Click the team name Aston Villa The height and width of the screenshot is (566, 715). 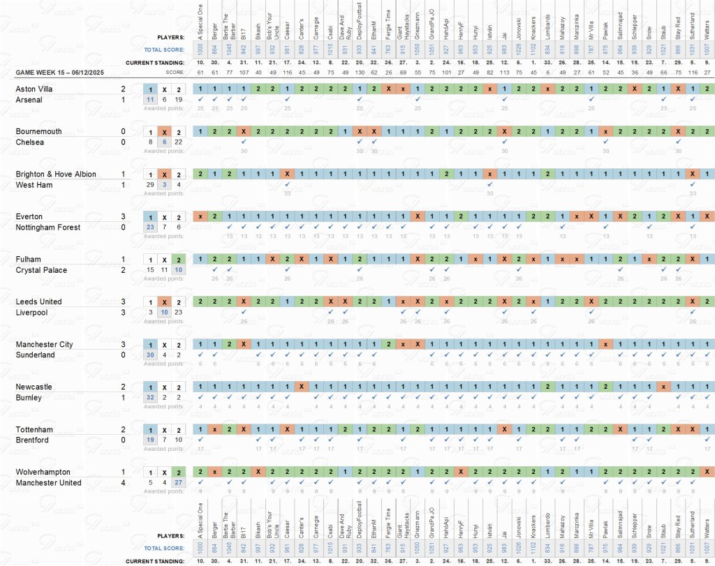[34, 89]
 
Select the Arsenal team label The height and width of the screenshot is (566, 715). [29, 100]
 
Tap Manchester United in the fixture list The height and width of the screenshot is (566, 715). [48, 483]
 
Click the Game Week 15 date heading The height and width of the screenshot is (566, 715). [61, 73]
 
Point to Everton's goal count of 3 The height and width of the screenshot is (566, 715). [123, 217]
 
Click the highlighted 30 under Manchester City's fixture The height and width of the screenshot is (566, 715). [149, 355]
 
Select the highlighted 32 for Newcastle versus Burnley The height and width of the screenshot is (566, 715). [149, 398]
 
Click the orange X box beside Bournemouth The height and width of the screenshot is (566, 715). [164, 132]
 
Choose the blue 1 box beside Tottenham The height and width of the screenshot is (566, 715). [149, 430]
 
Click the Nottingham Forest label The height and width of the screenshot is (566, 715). [48, 228]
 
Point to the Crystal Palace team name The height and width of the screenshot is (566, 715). [41, 270]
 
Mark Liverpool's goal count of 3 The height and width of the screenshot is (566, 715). [123, 313]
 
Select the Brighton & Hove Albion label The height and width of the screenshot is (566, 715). [56, 174]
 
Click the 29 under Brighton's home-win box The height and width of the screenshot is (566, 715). [149, 185]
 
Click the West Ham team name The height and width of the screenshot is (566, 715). [33, 185]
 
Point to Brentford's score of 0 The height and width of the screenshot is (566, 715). [123, 440]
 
